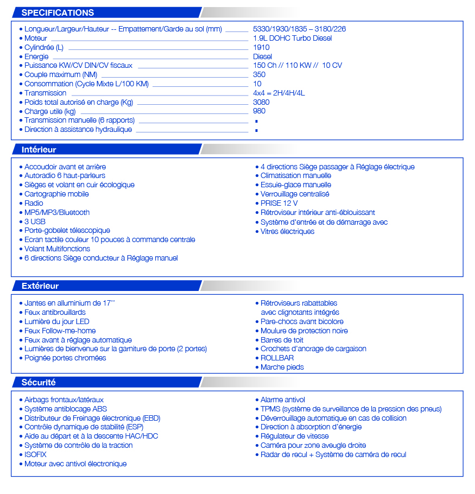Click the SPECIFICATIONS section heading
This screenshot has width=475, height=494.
coord(58,12)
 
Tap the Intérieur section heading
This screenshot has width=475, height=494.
coord(39,149)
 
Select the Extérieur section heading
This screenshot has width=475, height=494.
coord(40,286)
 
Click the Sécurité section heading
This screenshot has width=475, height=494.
coord(39,382)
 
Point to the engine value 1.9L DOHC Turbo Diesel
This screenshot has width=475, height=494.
coord(292,38)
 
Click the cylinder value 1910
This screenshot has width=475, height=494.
coord(261,47)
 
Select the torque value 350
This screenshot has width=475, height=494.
coord(259,74)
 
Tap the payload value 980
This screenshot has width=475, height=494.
coord(259,111)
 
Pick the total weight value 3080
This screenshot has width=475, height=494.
coord(261,102)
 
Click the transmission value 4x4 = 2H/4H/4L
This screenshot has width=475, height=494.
coord(278,93)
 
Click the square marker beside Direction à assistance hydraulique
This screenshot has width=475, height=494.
coord(256,130)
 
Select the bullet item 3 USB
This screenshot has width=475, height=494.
coord(35,221)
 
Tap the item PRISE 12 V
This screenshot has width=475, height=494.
coord(279,203)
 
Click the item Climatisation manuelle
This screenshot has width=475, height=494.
coord(295,175)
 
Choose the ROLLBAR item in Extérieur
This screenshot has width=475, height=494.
coord(277,358)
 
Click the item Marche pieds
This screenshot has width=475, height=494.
coord(282,367)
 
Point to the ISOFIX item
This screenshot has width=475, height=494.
coord(35,454)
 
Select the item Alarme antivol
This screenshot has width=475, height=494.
coord(282,400)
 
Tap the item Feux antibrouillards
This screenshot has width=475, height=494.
coord(55,312)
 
